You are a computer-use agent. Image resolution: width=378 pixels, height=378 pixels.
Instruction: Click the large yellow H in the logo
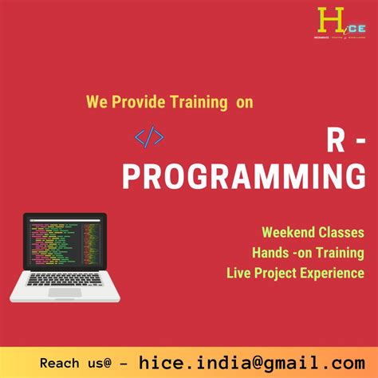[326, 18]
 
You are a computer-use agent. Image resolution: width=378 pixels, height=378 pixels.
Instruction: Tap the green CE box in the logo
[344, 23]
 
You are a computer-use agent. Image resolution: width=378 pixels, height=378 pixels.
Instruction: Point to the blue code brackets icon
[149, 137]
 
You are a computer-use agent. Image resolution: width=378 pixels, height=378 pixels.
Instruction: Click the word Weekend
[288, 233]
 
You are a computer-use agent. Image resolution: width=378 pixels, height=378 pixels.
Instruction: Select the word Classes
[341, 233]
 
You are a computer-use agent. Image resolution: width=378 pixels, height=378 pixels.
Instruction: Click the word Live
[240, 274]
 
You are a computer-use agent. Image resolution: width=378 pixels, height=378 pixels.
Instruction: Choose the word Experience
[334, 274]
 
